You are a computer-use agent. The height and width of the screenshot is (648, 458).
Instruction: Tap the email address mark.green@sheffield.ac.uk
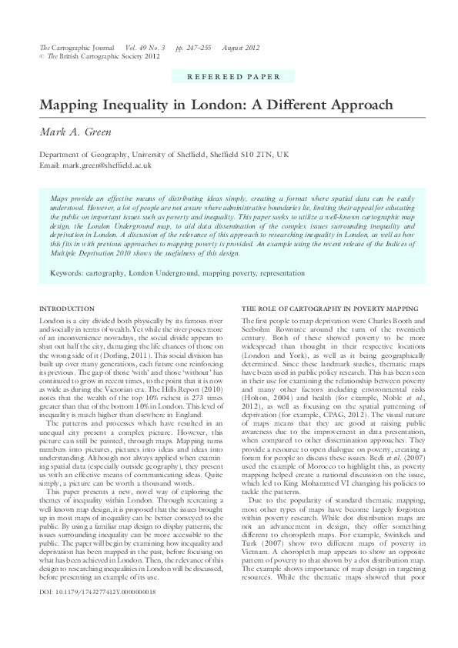click(x=108, y=165)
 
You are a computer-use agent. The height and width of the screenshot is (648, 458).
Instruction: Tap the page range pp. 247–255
click(x=192, y=48)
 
